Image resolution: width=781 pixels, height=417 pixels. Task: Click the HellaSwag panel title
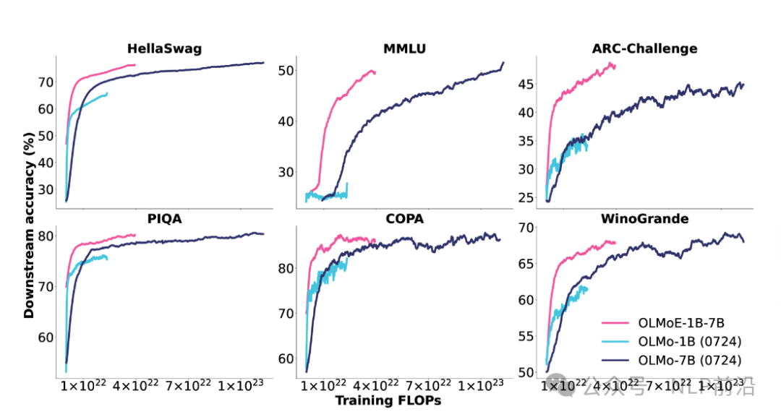click(x=164, y=49)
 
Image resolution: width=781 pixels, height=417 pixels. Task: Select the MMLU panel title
click(x=404, y=49)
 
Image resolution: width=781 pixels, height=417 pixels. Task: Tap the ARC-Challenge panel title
click(x=644, y=49)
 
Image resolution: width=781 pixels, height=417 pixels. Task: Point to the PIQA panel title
click(x=165, y=219)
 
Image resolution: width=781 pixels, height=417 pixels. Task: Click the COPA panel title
click(x=404, y=219)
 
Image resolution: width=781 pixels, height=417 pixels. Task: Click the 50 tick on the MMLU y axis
click(x=286, y=71)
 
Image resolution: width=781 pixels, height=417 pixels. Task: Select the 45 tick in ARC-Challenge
click(x=526, y=85)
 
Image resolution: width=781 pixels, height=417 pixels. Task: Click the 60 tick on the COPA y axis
click(x=286, y=358)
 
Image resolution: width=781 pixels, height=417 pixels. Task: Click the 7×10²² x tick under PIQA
click(x=184, y=386)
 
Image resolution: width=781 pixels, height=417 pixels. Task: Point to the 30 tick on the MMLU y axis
click(x=286, y=172)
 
